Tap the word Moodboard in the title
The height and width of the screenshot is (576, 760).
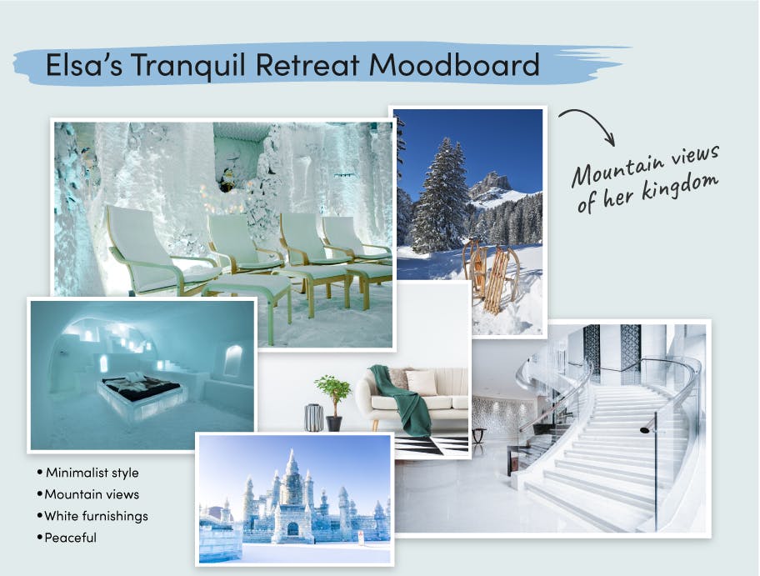[x=454, y=64]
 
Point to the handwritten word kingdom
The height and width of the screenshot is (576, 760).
[x=680, y=187]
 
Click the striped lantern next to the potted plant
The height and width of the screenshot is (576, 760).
[x=313, y=418]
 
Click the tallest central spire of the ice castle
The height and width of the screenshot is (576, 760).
[x=292, y=465]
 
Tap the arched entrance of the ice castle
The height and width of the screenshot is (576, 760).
[x=292, y=528]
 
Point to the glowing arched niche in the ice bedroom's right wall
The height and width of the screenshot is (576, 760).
[x=233, y=360]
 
